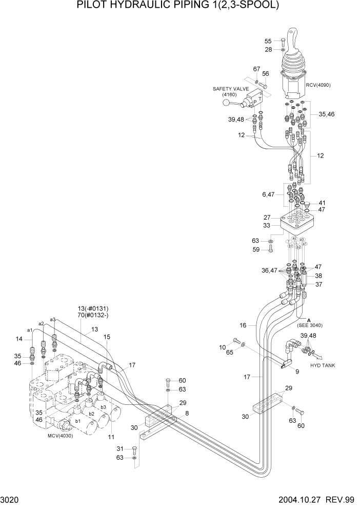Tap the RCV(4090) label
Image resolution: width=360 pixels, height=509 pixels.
tap(318, 85)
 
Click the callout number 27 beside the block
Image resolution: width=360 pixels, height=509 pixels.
tap(267, 217)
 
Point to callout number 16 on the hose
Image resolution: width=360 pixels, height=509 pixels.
tap(243, 325)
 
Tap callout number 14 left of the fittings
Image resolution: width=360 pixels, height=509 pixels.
tap(19, 339)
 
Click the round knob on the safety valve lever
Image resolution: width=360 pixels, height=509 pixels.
tap(226, 104)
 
